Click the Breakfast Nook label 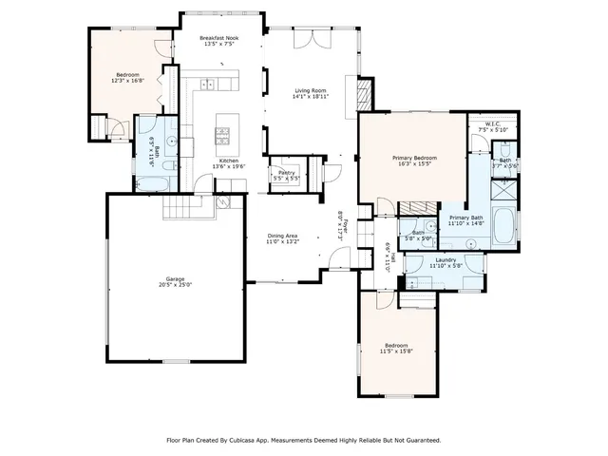tap(217, 37)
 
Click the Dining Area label tap(282, 236)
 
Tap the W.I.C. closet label tap(493, 123)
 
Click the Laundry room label tap(446, 260)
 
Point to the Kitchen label tap(229, 161)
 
